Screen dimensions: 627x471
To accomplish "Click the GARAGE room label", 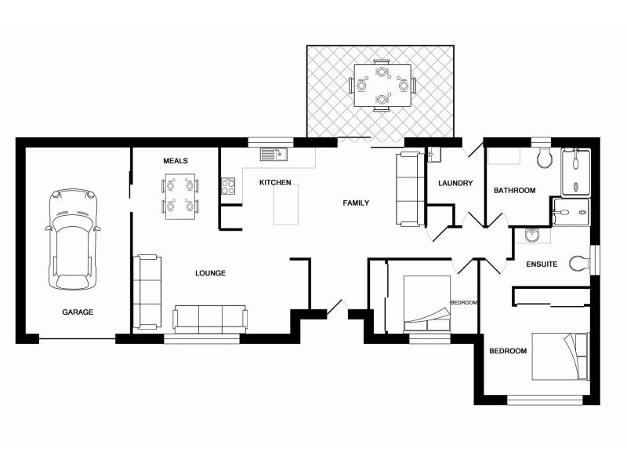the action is pos(78,312).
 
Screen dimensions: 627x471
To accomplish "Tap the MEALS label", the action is pos(175,161).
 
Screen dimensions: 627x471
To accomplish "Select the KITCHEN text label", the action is pos(275,183).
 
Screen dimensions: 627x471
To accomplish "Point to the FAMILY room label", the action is pos(356,203).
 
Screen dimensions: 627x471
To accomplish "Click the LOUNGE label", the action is pos(210,273).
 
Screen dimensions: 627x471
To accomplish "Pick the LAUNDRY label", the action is pos(455,184).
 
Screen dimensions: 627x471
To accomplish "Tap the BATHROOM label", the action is pos(515,191).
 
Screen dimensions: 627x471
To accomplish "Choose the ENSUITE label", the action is pos(542,265).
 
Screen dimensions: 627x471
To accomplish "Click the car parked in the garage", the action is pos(73,239).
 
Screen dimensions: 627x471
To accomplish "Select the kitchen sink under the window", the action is pos(274,154).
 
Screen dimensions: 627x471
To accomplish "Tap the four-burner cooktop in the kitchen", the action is pos(228,186).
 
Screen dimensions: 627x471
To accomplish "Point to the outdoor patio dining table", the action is pos(382,86).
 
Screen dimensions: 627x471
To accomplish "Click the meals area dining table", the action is pos(180,196).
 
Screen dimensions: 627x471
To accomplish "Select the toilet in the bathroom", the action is pos(544,158).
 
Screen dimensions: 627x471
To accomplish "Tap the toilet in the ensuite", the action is pos(579,264).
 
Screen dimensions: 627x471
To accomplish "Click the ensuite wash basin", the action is pos(532,235).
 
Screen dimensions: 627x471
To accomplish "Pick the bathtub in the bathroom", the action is pos(576,173).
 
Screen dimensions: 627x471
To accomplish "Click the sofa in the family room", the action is pos(409,189).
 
